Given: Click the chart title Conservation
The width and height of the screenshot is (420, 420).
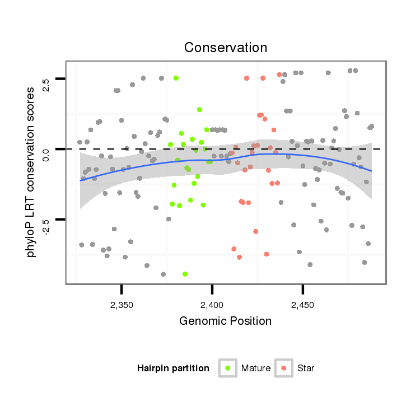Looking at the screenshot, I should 226,47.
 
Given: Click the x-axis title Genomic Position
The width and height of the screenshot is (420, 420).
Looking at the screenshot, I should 225,321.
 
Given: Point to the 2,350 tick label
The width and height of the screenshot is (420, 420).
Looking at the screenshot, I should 122,305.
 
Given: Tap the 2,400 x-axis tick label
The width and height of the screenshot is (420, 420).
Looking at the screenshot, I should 212,305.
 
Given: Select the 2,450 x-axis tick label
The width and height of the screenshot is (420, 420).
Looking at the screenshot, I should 303,305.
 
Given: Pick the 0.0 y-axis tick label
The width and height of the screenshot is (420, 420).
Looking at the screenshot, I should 46,150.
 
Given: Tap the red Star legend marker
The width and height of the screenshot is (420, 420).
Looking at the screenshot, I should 284,368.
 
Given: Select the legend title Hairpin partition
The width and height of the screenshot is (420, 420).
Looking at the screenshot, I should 173,368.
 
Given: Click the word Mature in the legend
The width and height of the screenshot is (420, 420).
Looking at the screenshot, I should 256,368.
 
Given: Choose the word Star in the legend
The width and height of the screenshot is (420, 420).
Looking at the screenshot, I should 306,368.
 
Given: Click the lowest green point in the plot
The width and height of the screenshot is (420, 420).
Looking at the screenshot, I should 185,274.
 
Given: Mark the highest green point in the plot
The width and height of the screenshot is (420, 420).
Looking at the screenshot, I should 176,78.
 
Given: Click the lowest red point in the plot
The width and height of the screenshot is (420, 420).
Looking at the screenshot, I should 239,257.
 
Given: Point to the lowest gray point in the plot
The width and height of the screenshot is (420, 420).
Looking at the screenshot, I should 163,274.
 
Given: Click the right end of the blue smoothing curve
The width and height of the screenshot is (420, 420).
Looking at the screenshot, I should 371,171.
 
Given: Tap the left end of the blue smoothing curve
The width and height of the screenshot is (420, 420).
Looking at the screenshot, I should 80,180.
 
